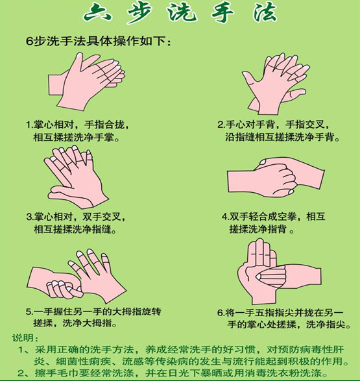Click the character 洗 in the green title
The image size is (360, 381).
(182, 12)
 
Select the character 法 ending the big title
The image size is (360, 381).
(265, 12)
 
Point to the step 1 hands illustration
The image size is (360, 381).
(86, 81)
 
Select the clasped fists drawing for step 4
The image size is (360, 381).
(276, 177)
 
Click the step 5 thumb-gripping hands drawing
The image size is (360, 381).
(77, 276)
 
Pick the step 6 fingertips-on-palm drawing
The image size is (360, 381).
(279, 271)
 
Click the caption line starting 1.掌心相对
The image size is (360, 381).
(77, 125)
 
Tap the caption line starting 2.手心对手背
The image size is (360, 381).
(274, 125)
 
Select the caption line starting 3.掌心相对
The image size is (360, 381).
(76, 217)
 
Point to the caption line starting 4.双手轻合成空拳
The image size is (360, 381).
(273, 216)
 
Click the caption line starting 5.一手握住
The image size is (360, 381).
(93, 312)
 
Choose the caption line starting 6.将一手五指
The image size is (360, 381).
(280, 312)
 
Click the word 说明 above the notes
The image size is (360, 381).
(23, 338)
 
